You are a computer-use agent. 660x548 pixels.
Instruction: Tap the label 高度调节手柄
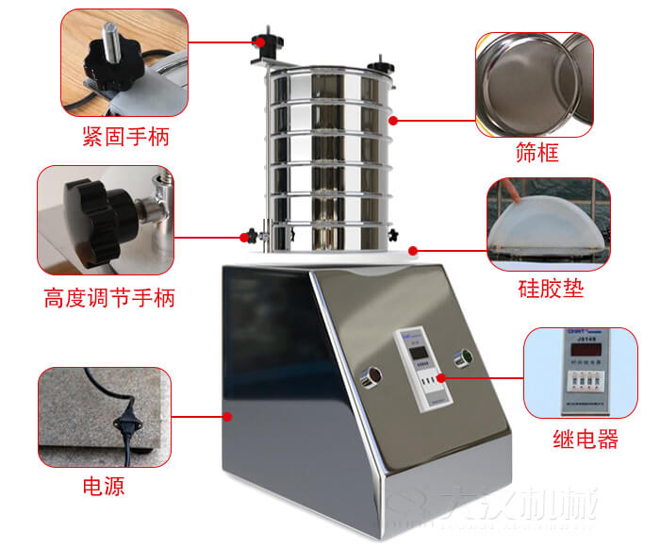[109, 299]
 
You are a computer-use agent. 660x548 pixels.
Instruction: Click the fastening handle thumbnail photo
[124, 62]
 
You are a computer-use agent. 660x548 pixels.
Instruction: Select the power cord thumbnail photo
[105, 417]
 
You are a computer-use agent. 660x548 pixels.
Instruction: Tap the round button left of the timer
[370, 375]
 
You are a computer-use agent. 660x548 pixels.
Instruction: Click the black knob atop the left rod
[261, 42]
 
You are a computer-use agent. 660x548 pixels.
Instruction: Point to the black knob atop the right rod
[382, 66]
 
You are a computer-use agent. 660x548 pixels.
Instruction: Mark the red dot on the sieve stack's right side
[394, 120]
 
